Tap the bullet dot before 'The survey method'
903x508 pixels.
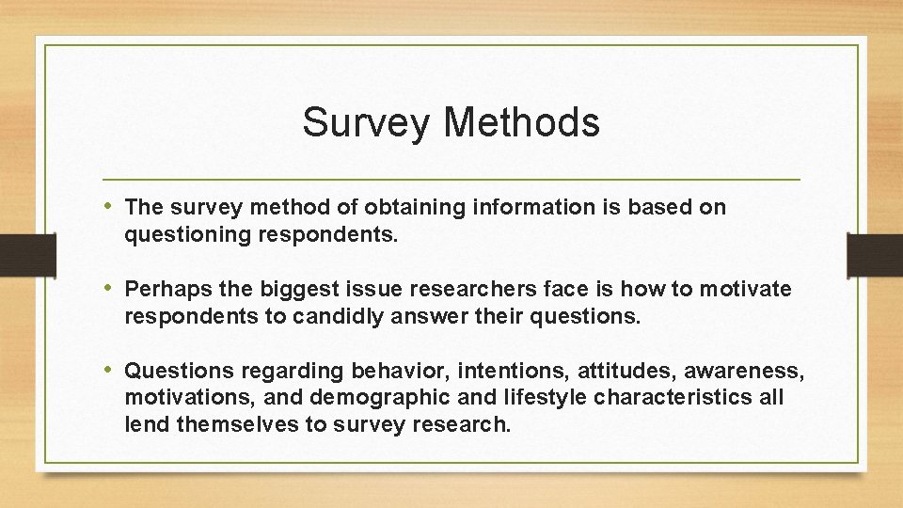tap(111, 206)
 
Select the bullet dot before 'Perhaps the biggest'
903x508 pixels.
tap(111, 288)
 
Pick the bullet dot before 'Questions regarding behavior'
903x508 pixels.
tap(111, 370)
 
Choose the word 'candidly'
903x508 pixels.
tap(329, 317)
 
